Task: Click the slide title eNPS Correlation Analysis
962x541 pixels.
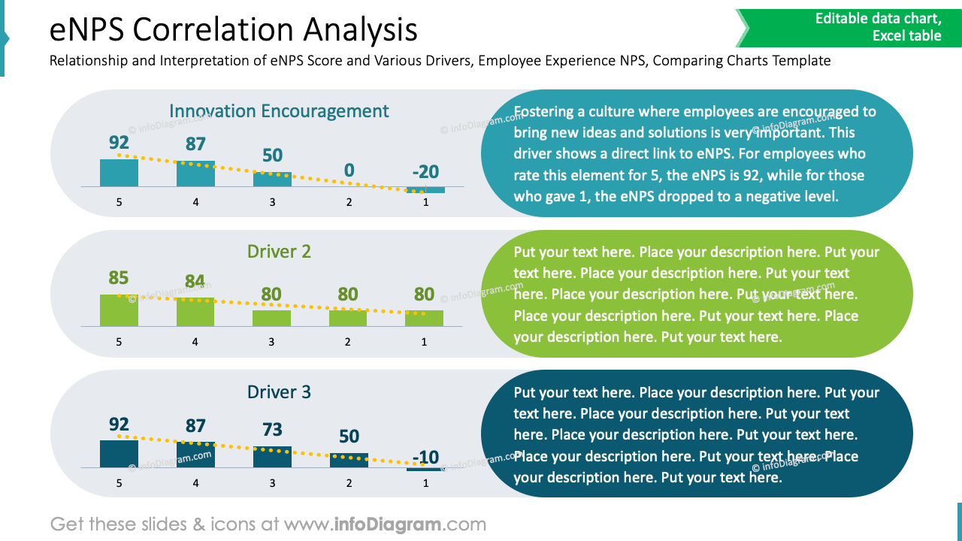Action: [x=233, y=30]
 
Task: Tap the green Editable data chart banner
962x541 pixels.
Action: [x=849, y=27]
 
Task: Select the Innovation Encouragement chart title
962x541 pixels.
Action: [x=279, y=111]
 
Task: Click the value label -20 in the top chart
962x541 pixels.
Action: [x=425, y=171]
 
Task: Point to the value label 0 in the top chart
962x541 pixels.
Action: [x=349, y=171]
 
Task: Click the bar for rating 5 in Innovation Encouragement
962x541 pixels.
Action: [x=119, y=173]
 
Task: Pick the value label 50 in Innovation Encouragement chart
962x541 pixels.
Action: [x=272, y=156]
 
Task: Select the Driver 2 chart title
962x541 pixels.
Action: [x=279, y=252]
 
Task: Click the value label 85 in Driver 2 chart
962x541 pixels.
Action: [x=119, y=278]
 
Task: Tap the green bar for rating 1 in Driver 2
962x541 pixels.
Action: [x=424, y=319]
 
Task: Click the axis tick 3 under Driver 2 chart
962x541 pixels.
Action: [x=271, y=342]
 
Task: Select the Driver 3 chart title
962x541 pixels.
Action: [x=279, y=392]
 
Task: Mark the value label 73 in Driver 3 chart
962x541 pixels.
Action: [x=272, y=430]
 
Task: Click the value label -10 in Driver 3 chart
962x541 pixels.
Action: [x=425, y=457]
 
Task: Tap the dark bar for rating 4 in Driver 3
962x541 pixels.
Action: [x=195, y=455]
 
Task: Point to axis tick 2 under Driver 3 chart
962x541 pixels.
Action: [x=349, y=483]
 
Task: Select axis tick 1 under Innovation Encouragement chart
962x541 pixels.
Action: [x=425, y=202]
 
